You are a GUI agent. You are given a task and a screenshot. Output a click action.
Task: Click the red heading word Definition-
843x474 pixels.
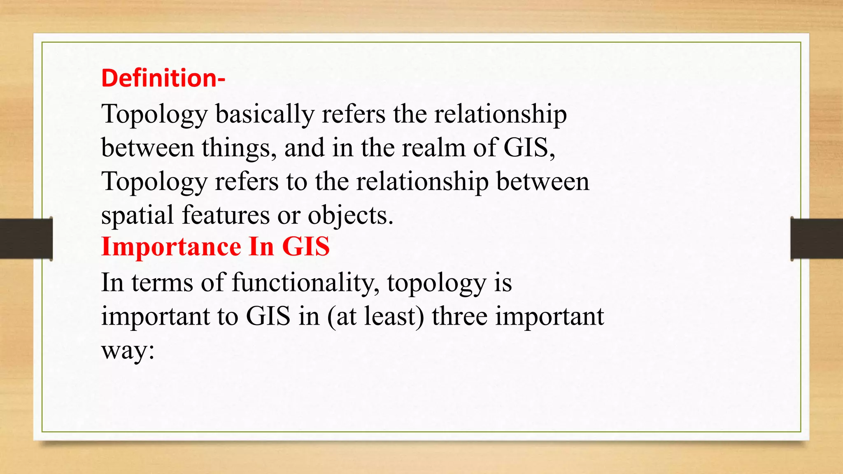(x=163, y=78)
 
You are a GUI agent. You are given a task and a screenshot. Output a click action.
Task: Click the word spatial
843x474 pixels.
(x=137, y=215)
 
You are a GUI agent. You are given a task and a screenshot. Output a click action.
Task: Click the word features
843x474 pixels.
(x=226, y=215)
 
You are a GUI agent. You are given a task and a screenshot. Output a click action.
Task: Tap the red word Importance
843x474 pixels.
(x=171, y=247)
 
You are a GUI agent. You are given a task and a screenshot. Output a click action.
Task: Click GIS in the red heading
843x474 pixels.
(x=306, y=247)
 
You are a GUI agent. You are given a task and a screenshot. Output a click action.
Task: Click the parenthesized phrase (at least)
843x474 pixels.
(x=375, y=317)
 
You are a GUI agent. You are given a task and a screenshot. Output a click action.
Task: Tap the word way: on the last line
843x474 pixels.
(x=128, y=351)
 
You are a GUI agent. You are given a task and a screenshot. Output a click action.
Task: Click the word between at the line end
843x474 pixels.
(x=543, y=181)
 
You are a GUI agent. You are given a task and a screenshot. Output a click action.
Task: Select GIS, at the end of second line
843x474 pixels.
(x=529, y=148)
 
